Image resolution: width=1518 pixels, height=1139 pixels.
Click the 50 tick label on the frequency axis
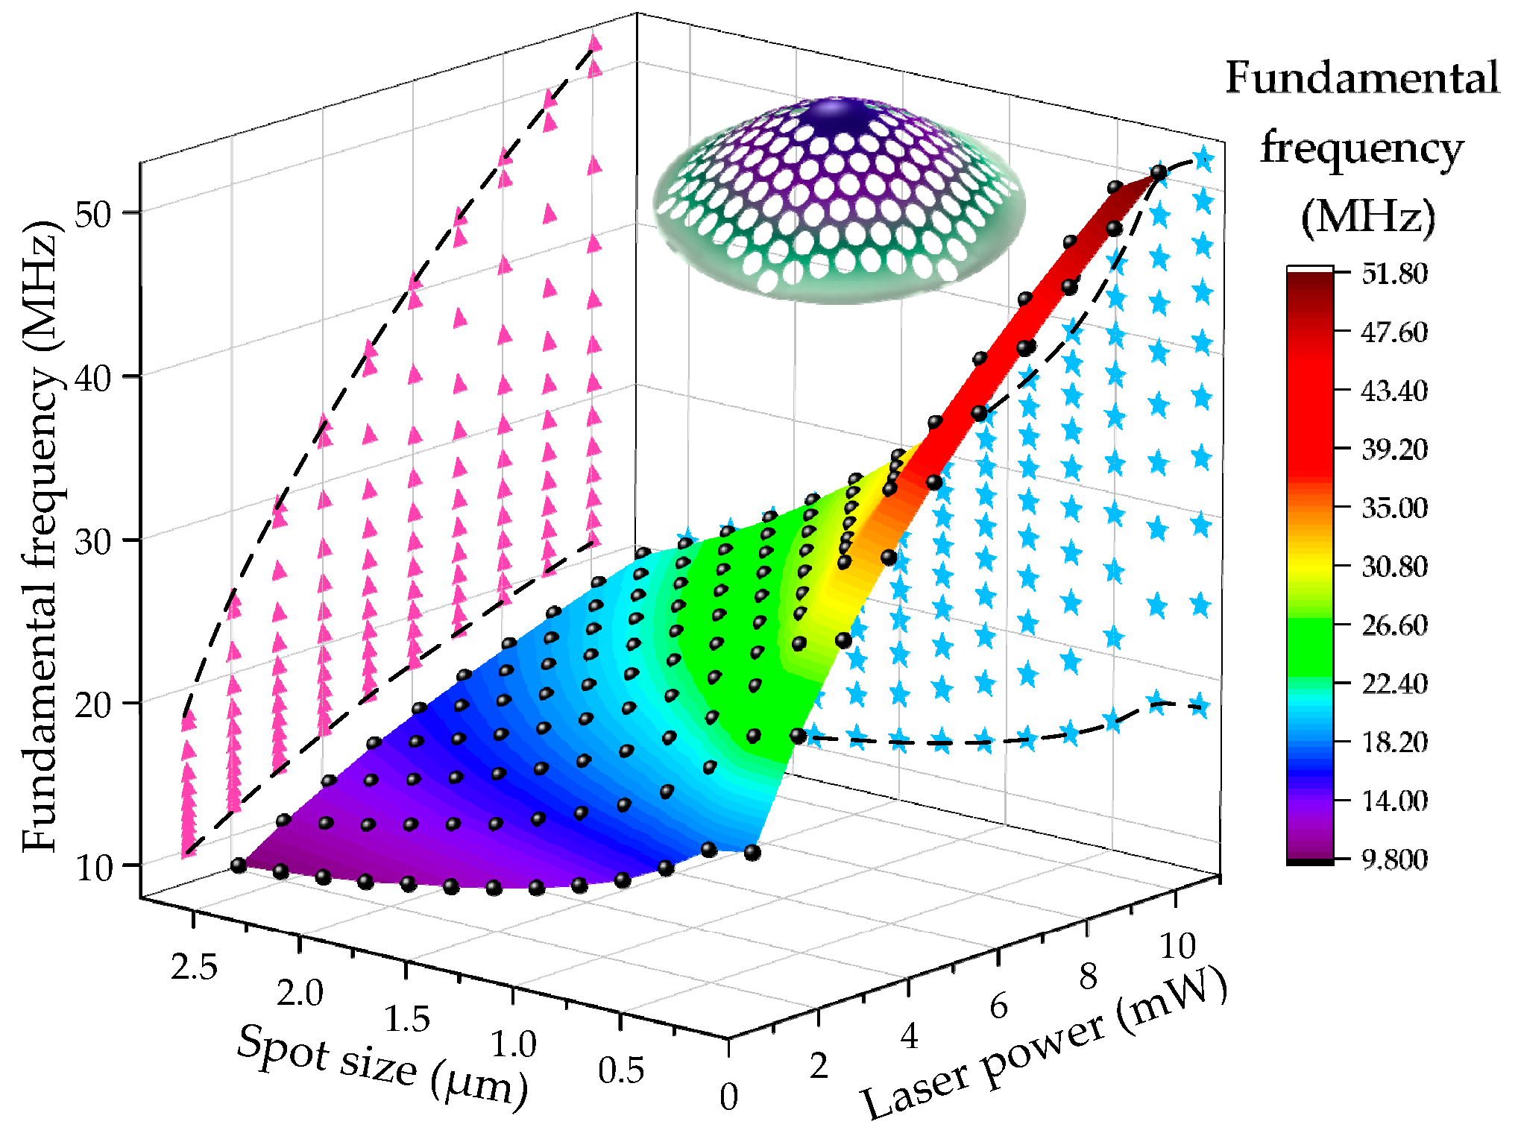coord(92,214)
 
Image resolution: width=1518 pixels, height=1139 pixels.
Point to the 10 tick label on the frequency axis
coord(92,868)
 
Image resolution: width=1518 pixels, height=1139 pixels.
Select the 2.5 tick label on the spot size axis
coord(194,967)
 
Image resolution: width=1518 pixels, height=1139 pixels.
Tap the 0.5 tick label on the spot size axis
coord(620,1070)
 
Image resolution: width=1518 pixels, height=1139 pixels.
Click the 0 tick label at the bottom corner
coord(728,1097)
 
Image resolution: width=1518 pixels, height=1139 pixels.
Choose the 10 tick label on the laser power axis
coord(1177,946)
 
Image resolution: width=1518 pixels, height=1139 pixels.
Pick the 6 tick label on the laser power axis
coord(998,1006)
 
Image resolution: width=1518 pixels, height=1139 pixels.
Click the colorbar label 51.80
coord(1394,274)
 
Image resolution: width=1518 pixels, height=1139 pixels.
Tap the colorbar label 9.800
coord(1394,859)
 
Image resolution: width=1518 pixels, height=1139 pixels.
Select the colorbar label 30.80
coord(1394,567)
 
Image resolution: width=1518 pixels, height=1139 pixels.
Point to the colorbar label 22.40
coord(1394,684)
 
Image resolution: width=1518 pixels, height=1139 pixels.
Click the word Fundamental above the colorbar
coord(1361,78)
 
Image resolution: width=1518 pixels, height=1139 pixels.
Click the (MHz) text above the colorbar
coord(1367,217)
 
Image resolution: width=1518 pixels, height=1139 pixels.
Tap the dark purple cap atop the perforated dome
coord(839,116)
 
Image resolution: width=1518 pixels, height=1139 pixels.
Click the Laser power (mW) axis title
coord(1044,1044)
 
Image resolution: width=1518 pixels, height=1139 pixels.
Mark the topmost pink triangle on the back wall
coord(595,43)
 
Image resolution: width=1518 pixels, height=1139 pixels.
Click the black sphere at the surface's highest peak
coord(1158,173)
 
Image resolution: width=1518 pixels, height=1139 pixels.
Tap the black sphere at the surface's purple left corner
coord(239,865)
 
